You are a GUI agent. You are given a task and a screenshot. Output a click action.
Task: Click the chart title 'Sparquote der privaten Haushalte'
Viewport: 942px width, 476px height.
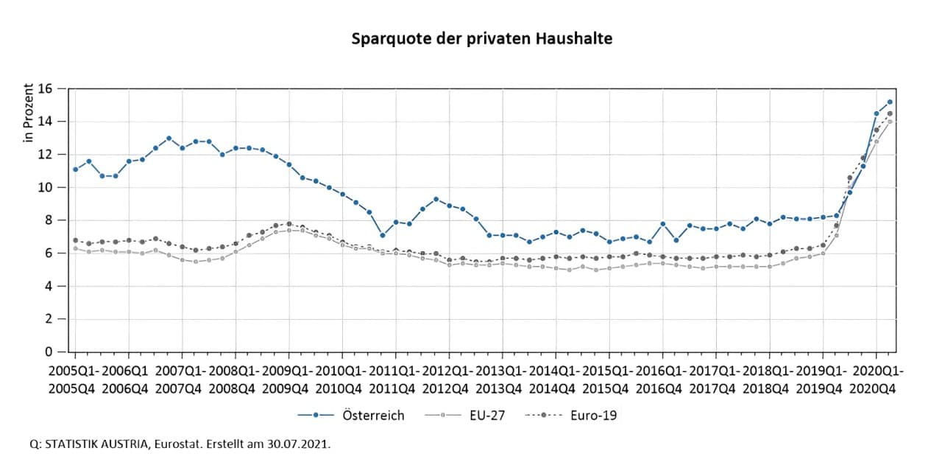click(x=482, y=38)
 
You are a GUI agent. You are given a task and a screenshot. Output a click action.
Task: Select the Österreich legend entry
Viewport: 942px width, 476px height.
click(x=373, y=416)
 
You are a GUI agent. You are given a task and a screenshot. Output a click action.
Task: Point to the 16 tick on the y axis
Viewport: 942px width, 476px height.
click(x=46, y=88)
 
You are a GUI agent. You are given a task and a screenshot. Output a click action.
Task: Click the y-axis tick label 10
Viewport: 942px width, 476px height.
click(x=46, y=187)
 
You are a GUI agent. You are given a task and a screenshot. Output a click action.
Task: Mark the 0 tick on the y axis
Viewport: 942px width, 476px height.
click(x=49, y=352)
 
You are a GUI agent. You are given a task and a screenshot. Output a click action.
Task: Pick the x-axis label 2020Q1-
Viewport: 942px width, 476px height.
click(x=877, y=370)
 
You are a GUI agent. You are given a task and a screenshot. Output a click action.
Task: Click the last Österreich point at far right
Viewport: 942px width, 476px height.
click(x=890, y=102)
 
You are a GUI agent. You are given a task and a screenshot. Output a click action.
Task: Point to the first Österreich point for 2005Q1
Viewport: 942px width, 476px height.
click(x=75, y=169)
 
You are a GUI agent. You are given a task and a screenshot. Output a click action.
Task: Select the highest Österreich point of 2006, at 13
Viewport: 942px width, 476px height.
click(x=169, y=138)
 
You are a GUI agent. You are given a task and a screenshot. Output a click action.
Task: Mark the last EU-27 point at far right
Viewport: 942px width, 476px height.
click(x=890, y=122)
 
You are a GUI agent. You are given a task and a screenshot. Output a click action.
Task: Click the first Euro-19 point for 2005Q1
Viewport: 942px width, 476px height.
click(x=75, y=240)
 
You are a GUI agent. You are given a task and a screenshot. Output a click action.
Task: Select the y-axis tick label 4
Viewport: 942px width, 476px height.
click(x=49, y=286)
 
